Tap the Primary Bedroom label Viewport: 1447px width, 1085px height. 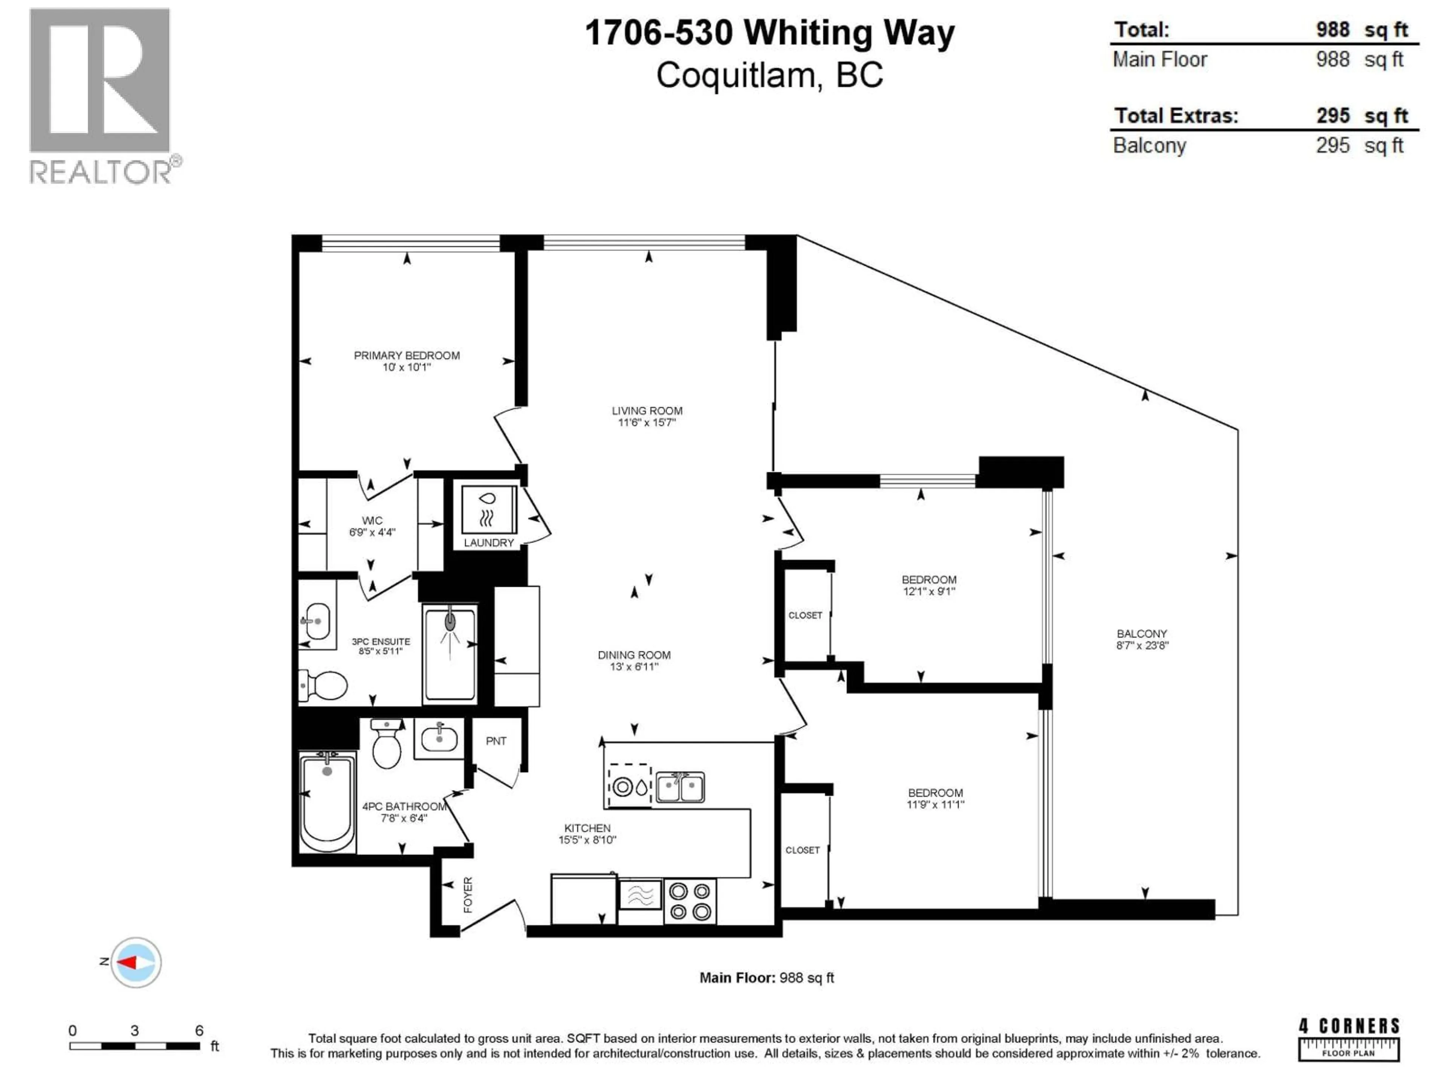(406, 355)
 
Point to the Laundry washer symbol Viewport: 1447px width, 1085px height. (489, 510)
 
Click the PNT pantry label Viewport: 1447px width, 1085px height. (496, 741)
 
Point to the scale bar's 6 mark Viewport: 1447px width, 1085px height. (199, 1031)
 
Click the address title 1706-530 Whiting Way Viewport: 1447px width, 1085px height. (769, 33)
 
